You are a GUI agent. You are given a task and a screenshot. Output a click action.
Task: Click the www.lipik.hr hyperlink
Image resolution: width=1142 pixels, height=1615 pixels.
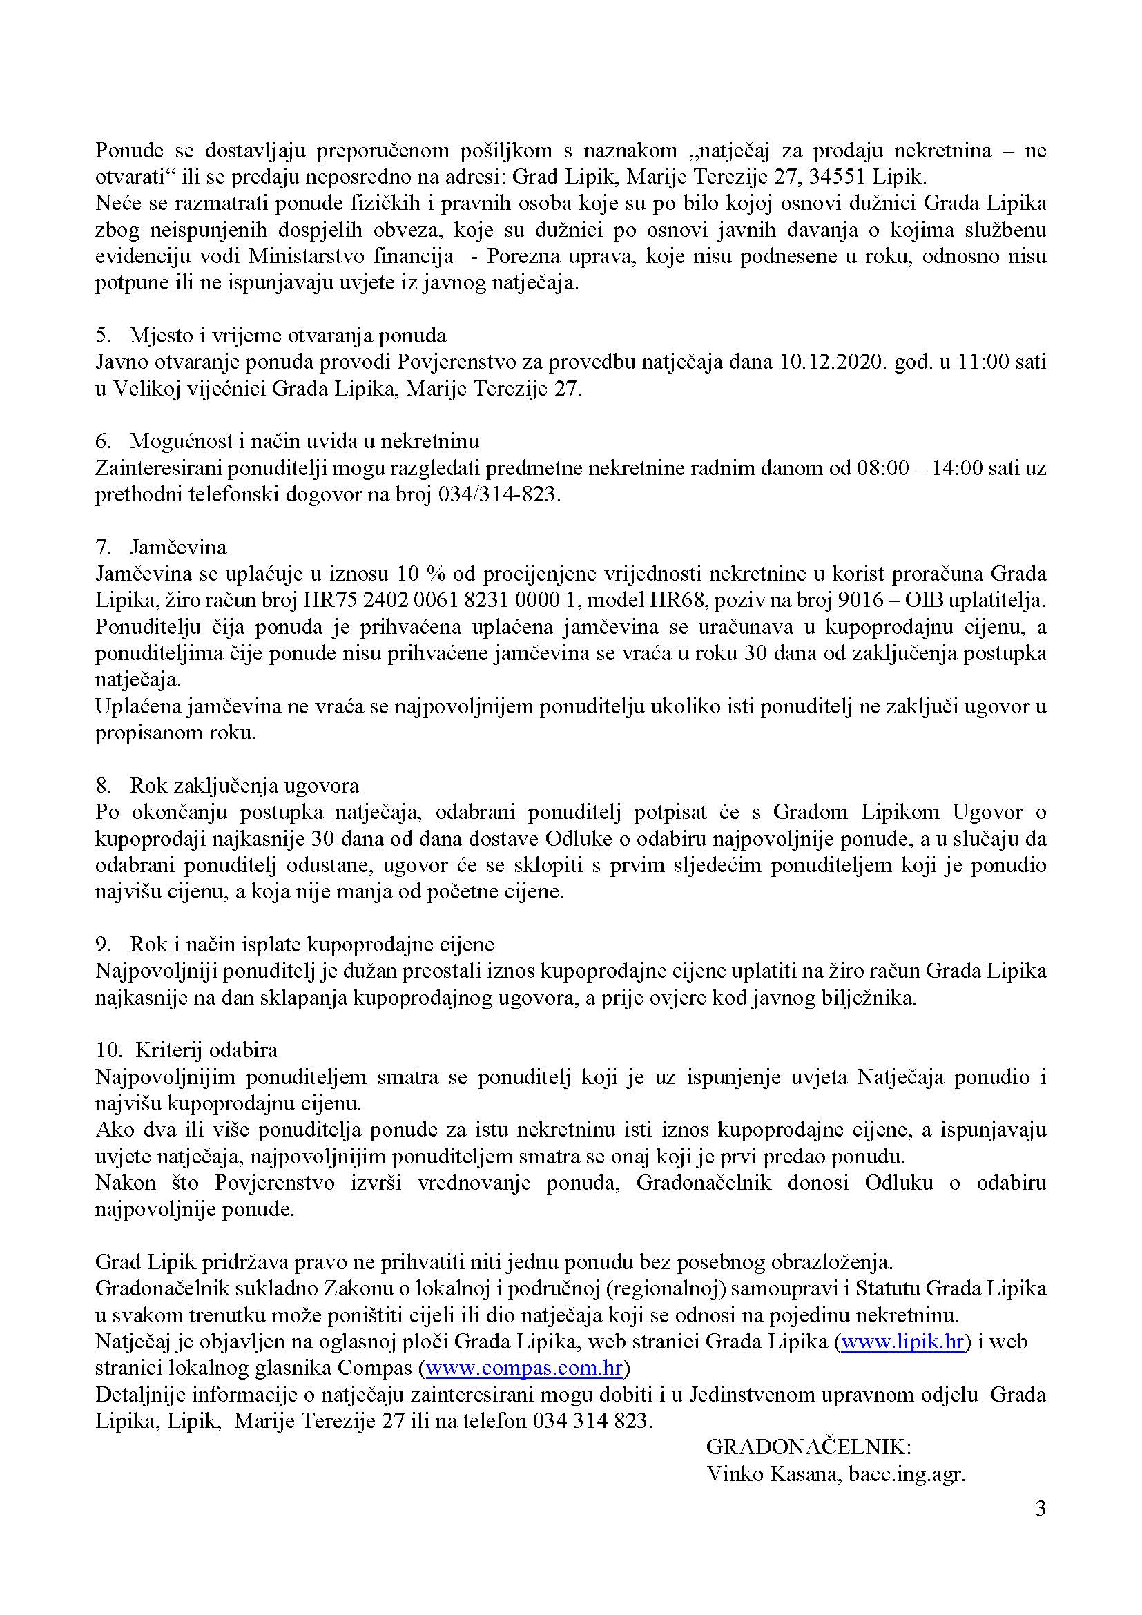tap(902, 1342)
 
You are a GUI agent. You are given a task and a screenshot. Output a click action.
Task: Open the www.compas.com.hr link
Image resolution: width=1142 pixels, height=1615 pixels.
tap(524, 1368)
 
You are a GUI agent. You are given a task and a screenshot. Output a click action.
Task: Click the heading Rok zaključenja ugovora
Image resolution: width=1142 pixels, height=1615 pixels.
tap(244, 785)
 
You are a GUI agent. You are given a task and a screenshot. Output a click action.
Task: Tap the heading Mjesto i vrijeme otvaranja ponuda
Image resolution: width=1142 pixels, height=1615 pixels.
tap(288, 336)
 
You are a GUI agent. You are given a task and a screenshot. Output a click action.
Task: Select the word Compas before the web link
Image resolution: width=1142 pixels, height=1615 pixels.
tap(374, 1368)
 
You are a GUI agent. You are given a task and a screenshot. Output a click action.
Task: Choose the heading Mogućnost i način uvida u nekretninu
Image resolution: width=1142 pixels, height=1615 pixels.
tap(304, 441)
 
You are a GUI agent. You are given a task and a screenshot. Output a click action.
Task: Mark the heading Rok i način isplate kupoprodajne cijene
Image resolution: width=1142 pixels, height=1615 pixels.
tap(311, 944)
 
